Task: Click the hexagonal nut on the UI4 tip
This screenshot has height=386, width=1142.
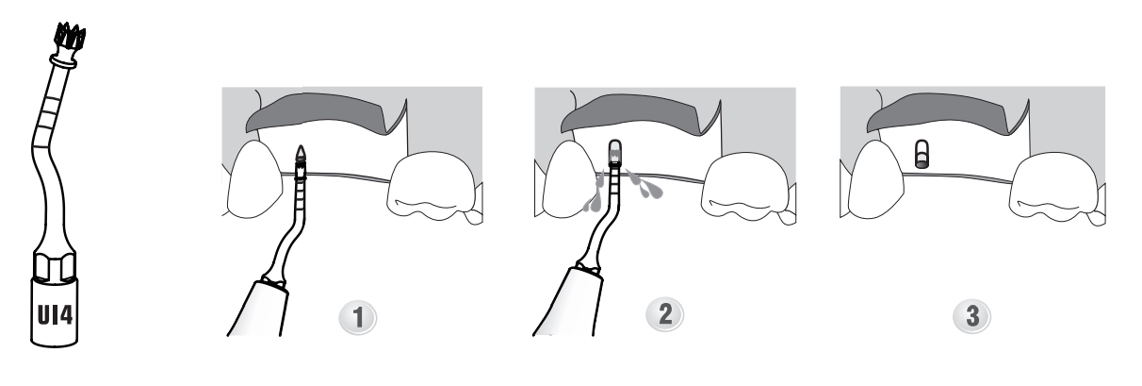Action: [x=55, y=265]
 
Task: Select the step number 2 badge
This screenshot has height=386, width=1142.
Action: [x=665, y=314]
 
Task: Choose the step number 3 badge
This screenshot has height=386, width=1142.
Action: [x=972, y=316]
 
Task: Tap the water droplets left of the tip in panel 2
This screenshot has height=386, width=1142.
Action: [x=594, y=193]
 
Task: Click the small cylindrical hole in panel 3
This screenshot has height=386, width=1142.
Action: [x=922, y=155]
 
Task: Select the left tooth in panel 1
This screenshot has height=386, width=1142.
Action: [x=253, y=178]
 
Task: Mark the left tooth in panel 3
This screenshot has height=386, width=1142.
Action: [x=876, y=178]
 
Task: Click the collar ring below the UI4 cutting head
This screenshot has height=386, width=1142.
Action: [x=64, y=62]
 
